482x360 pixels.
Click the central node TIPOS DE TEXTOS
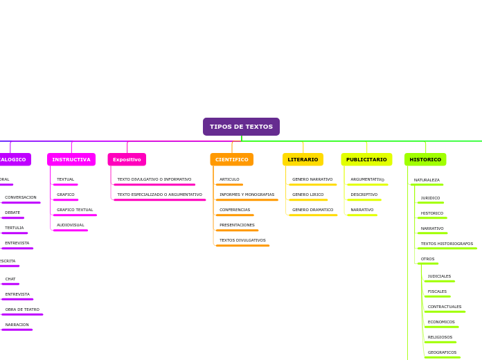(241, 127)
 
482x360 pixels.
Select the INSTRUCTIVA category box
(71, 159)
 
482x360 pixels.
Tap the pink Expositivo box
(127, 159)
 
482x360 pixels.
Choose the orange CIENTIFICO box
(231, 159)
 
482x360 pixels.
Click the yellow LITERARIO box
(303, 159)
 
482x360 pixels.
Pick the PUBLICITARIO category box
(366, 159)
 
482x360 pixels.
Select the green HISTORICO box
(425, 159)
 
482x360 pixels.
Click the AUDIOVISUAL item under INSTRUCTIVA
(71, 225)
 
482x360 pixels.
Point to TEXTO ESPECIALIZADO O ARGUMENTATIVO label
(159, 195)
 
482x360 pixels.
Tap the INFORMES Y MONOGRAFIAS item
(247, 195)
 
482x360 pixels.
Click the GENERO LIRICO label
(307, 195)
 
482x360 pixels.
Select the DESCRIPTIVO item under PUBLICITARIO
(364, 195)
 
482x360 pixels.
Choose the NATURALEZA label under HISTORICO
(427, 180)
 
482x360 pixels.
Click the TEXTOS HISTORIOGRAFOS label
(447, 244)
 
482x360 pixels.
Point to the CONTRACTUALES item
(444, 307)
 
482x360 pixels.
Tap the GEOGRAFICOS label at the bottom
(442, 352)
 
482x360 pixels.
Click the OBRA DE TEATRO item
(22, 309)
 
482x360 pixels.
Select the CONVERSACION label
(21, 197)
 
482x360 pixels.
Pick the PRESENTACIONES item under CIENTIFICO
(237, 225)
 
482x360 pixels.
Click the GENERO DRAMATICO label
(312, 210)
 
